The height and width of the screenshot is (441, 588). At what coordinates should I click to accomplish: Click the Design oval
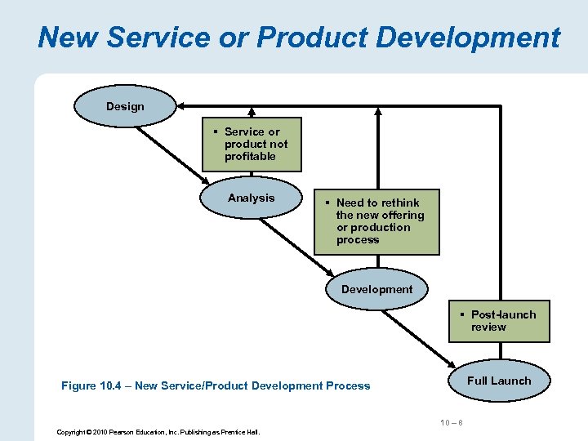coord(125,106)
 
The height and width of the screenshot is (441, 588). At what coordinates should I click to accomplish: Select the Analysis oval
coord(252,198)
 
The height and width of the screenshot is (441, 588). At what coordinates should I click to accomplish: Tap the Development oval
coord(376,290)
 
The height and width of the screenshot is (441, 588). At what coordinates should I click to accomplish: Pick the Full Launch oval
coord(499,381)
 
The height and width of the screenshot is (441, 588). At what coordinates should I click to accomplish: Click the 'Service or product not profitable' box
coord(252,144)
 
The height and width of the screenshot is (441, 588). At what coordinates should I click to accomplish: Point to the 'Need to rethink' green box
coord(376,221)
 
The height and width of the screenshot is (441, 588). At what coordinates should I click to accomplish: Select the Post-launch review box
coord(499,321)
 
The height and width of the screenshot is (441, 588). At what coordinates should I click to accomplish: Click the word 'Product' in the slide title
coord(305,38)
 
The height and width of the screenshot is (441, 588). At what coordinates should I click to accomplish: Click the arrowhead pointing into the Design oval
coord(183,106)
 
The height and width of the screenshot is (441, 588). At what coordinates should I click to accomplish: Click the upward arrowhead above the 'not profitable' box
coord(252,112)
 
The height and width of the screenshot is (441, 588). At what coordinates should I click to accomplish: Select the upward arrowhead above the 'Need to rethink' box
coord(376,112)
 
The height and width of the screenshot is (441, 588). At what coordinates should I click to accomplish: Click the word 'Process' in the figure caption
coord(348,385)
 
